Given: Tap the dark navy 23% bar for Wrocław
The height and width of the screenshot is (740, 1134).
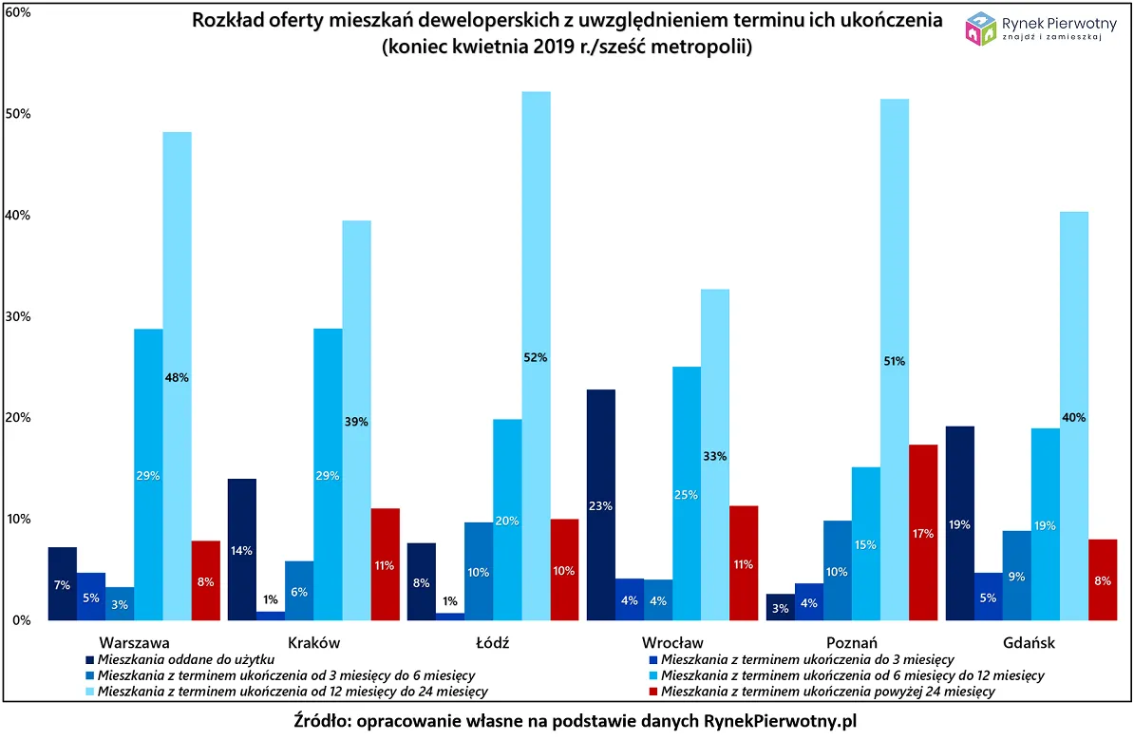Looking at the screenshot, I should [600, 504].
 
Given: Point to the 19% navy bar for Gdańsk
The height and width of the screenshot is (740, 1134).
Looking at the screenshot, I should [959, 522].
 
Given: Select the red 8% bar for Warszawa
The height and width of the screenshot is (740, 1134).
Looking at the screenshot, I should [205, 580].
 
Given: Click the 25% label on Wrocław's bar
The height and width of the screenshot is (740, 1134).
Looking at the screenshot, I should [686, 494].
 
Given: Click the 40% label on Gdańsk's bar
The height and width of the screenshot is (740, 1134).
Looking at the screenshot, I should [1073, 417].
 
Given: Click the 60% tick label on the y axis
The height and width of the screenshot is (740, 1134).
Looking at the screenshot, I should [18, 12].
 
